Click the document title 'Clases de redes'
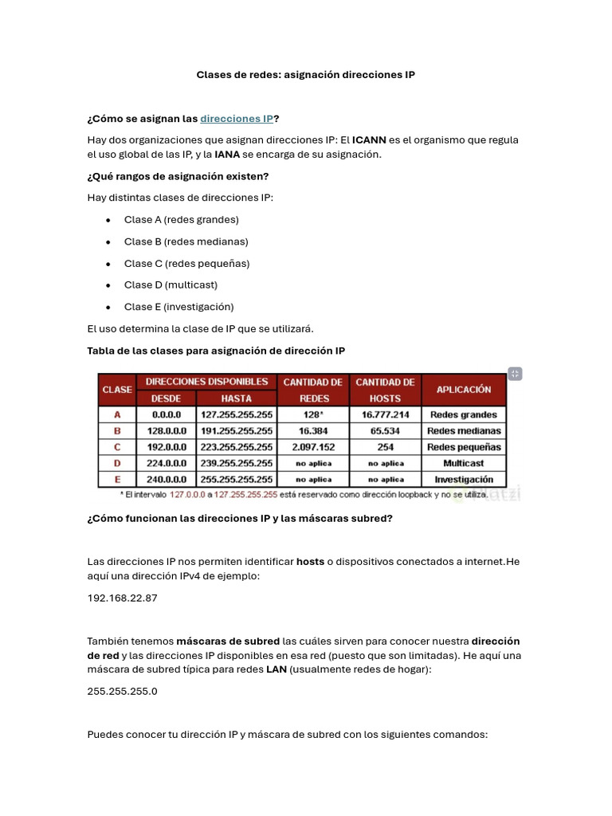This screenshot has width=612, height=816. (305, 75)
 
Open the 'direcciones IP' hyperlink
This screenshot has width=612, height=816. (237, 119)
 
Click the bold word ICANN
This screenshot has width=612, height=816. (370, 140)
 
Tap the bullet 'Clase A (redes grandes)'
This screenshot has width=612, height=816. (181, 220)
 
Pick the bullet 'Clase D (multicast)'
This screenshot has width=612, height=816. (171, 285)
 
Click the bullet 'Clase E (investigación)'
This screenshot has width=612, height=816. (178, 307)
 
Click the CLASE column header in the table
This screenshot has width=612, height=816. (117, 390)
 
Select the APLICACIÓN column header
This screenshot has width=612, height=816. (464, 390)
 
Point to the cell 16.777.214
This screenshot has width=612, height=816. (385, 414)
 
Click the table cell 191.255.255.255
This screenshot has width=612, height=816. (237, 431)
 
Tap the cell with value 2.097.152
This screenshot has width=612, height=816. (313, 447)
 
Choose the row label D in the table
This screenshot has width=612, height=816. (117, 464)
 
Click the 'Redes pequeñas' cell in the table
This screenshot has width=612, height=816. (464, 447)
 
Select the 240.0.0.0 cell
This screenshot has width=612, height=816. (167, 480)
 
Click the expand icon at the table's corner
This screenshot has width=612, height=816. (515, 374)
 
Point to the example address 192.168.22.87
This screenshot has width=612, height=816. (122, 598)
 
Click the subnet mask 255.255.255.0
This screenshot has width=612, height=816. (122, 692)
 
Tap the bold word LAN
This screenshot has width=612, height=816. (276, 670)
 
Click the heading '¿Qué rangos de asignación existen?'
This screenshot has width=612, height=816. (178, 176)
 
